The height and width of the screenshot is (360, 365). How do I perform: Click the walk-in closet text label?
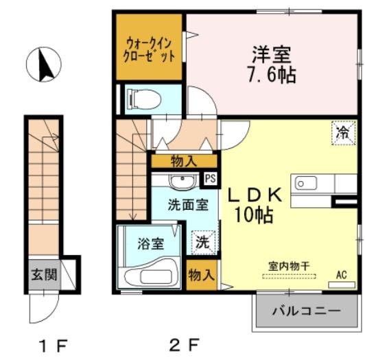150,47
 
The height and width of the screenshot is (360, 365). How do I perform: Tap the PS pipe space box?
211,178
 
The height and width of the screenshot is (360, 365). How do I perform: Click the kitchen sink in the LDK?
305,183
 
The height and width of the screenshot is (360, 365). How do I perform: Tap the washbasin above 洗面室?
182,182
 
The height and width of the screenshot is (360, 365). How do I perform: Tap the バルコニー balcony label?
306,311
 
